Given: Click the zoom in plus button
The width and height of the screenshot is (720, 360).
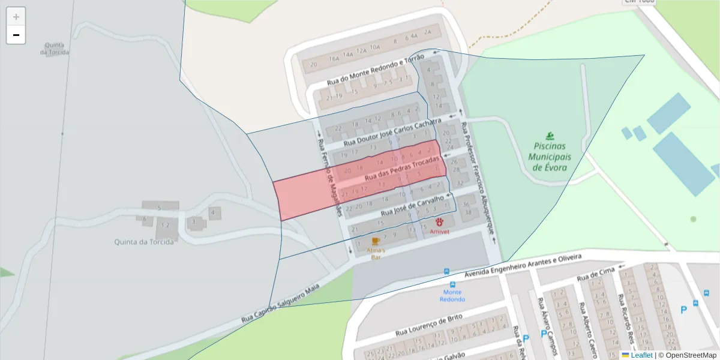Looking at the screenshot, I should point(16,17).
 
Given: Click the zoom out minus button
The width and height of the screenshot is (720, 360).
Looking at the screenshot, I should point(16,35).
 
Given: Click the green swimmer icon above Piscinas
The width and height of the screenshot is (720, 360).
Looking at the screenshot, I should point(550,136).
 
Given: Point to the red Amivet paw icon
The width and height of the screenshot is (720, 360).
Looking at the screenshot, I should point(439,222).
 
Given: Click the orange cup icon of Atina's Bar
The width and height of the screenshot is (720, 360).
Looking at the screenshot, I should point(376,241).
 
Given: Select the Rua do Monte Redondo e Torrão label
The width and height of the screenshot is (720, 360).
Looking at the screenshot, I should point(376,69).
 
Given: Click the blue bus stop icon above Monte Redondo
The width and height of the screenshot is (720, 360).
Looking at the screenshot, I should point(446,271).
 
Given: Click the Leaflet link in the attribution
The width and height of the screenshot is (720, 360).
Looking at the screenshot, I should point(641,355).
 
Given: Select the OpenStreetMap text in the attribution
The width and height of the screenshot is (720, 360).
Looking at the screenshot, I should point(691,355).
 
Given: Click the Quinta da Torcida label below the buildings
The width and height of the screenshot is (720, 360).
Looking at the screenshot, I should point(144,242).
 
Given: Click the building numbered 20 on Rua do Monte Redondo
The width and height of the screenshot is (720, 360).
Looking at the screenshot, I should point(313,65).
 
